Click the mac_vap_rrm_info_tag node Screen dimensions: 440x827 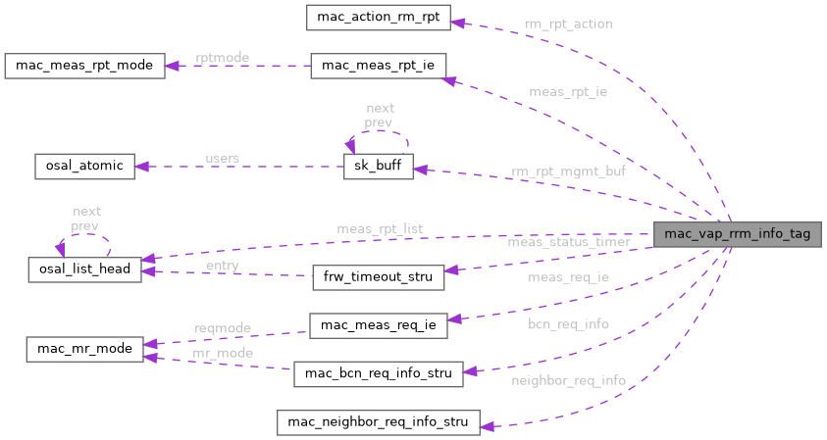737,234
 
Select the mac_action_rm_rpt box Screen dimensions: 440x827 378,17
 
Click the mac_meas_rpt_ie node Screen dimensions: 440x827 378,67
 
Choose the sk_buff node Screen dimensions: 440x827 378,166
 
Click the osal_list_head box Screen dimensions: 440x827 85,269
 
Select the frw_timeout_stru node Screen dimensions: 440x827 378,276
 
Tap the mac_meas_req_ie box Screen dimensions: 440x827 378,325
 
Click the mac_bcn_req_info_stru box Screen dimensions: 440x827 378,373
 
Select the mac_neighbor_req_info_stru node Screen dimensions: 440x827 378,422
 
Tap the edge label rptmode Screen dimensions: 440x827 222,58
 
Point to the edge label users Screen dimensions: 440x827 222,158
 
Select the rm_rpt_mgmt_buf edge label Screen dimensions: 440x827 568,171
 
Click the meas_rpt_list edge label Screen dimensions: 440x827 379,228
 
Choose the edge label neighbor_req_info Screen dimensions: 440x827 568,379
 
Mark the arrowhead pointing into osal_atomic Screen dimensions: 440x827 141,166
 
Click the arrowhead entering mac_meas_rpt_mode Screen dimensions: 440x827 171,67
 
